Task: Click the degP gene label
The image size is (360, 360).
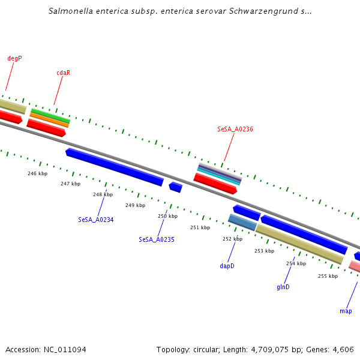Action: (x=14, y=58)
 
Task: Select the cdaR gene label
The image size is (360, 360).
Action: (x=64, y=73)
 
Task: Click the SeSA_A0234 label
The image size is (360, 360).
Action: (x=96, y=220)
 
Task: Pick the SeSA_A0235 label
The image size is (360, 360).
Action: (x=157, y=239)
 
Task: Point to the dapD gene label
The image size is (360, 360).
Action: (x=227, y=265)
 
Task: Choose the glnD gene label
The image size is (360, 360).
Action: (x=283, y=287)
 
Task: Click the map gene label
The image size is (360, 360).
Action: (x=346, y=311)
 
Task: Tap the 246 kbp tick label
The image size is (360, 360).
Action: (x=37, y=173)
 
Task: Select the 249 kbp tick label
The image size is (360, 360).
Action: (x=135, y=205)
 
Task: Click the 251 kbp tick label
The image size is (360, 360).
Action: (x=200, y=227)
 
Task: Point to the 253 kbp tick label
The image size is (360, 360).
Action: (x=264, y=251)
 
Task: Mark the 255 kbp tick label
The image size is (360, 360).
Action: (x=328, y=276)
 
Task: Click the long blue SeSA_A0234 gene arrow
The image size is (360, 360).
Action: (x=114, y=167)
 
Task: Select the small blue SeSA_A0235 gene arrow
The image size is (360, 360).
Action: (x=175, y=187)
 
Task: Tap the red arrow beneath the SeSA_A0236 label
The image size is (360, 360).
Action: (x=215, y=184)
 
